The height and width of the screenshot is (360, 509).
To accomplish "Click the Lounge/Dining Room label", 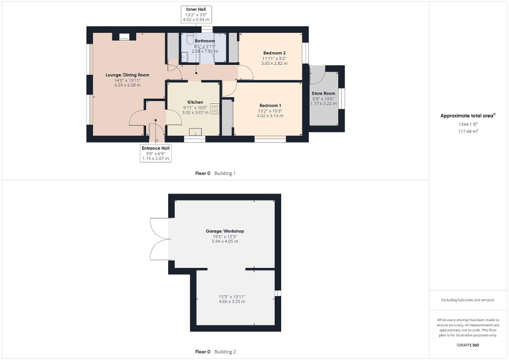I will [x=127, y=75].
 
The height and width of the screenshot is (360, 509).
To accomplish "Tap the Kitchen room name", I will [x=195, y=102].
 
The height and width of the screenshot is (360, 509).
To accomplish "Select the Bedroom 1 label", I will [x=270, y=105].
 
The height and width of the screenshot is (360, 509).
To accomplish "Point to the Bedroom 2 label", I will [x=274, y=53].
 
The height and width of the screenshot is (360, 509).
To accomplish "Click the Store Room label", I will [x=323, y=93].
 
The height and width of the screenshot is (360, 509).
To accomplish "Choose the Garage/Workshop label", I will [x=225, y=231].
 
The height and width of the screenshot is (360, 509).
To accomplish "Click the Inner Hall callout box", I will [x=196, y=14].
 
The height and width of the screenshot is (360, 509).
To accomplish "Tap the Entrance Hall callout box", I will [x=156, y=153].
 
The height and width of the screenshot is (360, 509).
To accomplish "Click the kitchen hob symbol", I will [x=215, y=109].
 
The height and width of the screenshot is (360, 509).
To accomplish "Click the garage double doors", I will [x=158, y=239].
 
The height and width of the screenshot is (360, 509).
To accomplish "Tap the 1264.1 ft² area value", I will [x=468, y=124].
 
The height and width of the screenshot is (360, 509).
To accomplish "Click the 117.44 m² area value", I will [x=468, y=131].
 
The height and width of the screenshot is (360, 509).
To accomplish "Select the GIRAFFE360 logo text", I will [x=468, y=344].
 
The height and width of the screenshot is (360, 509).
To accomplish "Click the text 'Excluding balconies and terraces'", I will [x=468, y=300].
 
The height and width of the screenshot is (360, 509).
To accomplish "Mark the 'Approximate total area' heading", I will [x=468, y=115].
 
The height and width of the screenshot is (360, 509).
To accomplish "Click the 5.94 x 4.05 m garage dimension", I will [x=225, y=241].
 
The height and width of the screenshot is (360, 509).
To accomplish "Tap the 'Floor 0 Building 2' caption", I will [x=215, y=352].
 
